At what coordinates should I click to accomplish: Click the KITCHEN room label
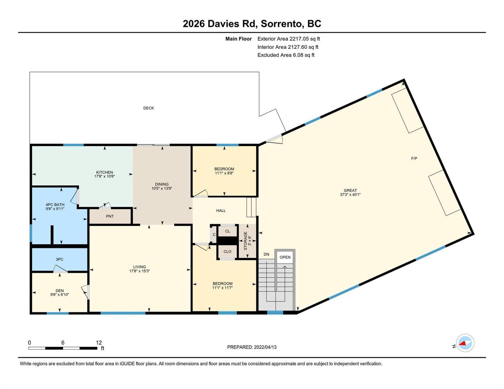(x=104, y=172)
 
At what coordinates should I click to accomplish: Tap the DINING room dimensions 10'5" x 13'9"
(x=162, y=188)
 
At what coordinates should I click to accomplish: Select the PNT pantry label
(x=110, y=216)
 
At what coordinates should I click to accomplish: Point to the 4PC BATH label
(x=55, y=205)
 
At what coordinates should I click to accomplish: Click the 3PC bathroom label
(x=59, y=259)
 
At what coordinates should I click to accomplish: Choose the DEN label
(x=60, y=290)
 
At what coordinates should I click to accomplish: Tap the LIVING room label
(x=140, y=267)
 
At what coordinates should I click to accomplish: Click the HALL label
(x=221, y=211)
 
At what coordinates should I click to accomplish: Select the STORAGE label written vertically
(x=245, y=241)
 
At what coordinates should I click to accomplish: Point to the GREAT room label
(x=350, y=190)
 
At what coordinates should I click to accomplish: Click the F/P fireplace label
(x=414, y=159)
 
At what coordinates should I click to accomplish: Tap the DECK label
(x=148, y=108)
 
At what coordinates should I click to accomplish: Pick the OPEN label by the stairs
(x=285, y=257)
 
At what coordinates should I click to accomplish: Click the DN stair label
(x=266, y=254)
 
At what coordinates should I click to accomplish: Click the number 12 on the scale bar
(x=99, y=343)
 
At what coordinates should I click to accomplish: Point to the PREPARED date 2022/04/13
(x=265, y=347)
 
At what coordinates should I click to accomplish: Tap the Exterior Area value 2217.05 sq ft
(x=304, y=39)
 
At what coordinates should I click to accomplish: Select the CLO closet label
(x=227, y=252)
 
